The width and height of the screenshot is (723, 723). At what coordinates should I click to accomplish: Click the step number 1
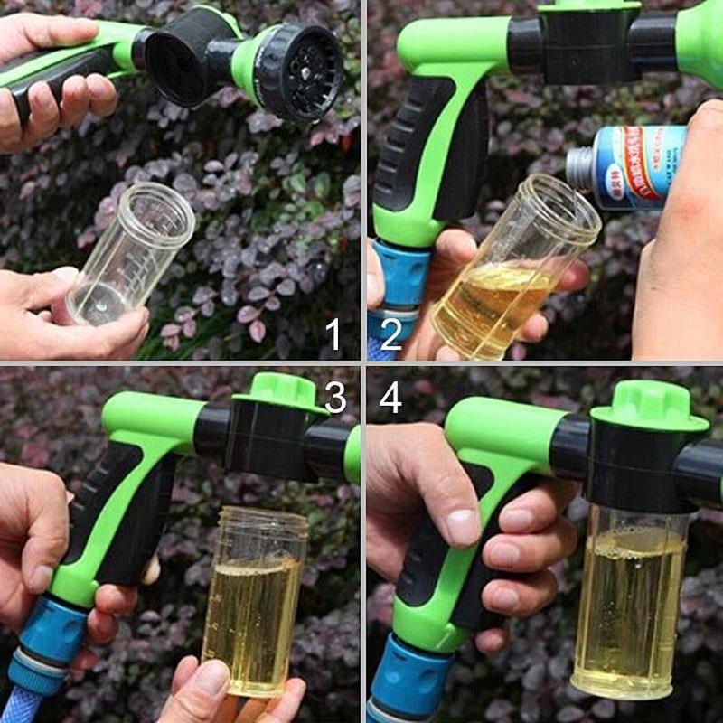point(334,334)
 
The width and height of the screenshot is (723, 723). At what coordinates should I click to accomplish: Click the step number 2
point(390,334)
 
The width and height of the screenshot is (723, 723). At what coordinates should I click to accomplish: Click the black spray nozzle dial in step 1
point(298,72)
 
